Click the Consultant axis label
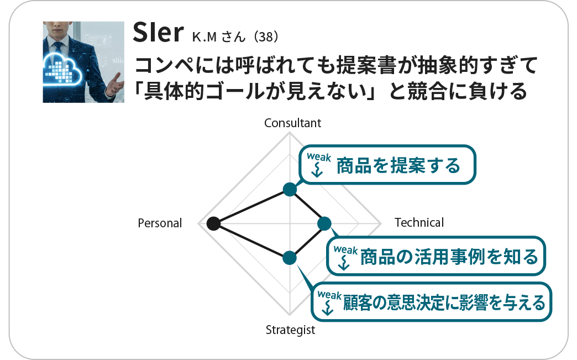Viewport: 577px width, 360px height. point(292,123)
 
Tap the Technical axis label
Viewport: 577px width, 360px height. point(419,223)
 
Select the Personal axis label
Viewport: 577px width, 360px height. point(160,223)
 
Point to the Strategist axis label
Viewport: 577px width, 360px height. point(290,331)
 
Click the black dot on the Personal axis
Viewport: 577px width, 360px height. point(212,223)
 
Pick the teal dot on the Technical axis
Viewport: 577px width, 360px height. point(324,223)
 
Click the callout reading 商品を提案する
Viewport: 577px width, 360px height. point(387,165)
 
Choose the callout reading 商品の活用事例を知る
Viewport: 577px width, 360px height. point(437,256)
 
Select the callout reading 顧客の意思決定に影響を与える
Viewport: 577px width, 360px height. point(432,302)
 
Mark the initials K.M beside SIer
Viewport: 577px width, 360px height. point(205,38)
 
